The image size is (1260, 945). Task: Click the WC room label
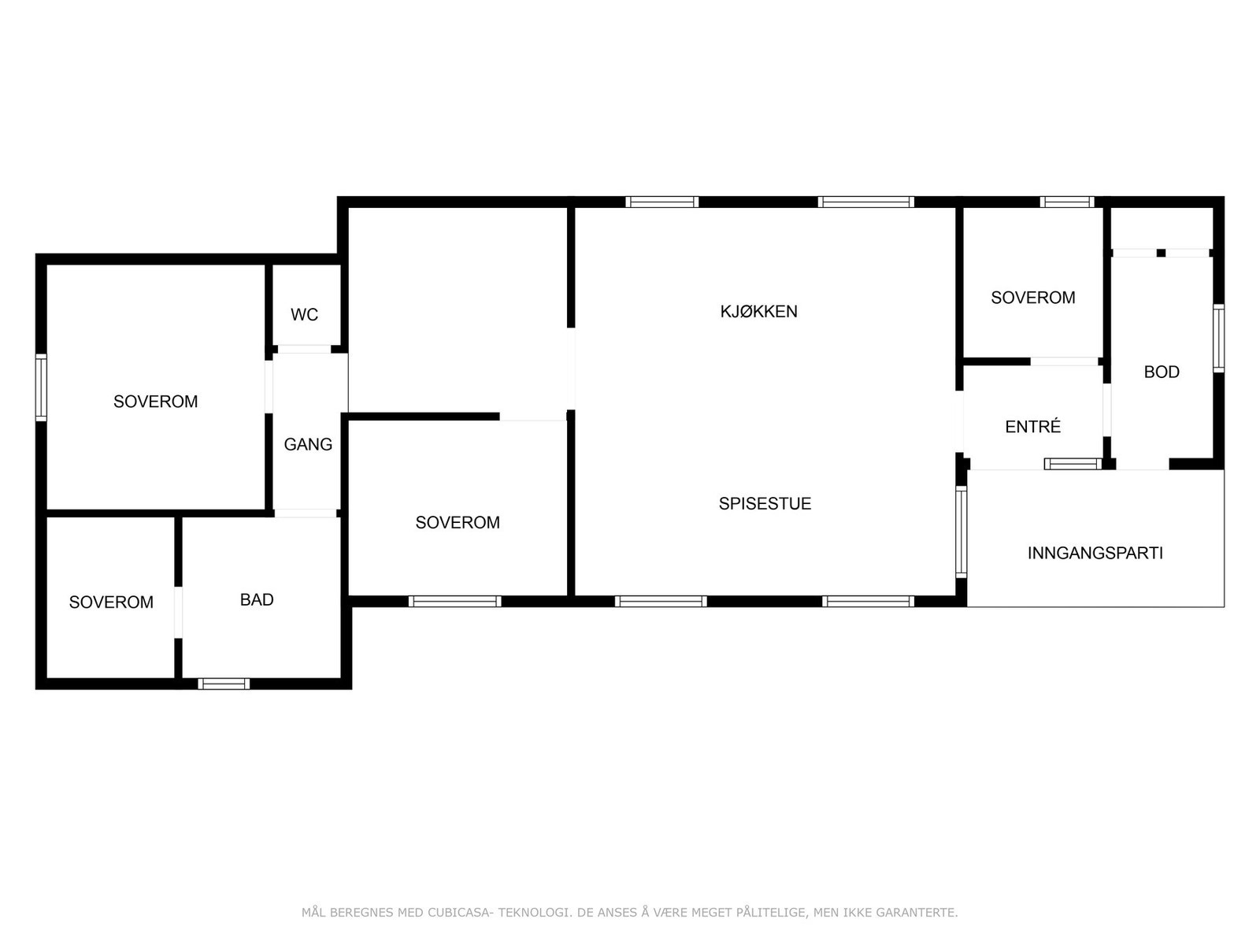[x=304, y=315]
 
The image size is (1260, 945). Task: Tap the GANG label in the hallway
[x=308, y=444]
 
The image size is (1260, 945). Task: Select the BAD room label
[x=257, y=600]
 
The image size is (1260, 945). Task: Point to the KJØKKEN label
[x=758, y=311]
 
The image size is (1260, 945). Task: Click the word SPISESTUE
[x=765, y=504]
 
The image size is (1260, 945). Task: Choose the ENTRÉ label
[x=1032, y=427]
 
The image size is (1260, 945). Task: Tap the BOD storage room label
[x=1162, y=372]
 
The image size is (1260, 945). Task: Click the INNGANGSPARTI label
[x=1095, y=553]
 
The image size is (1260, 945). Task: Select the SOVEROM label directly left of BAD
[x=111, y=602]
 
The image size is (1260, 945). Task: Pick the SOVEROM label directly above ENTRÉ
[x=1032, y=298]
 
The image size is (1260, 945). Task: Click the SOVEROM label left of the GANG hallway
[x=155, y=402]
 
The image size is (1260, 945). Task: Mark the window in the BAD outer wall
[x=224, y=684]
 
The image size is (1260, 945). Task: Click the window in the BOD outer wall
[x=1218, y=338]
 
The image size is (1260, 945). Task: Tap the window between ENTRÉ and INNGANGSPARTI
[x=1073, y=464]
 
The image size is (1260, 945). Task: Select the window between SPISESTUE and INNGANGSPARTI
[x=961, y=532]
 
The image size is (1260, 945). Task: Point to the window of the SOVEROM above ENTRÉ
[x=1066, y=202]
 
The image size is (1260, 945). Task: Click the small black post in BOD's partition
[x=1161, y=253]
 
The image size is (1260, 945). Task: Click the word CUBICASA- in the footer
[x=460, y=913]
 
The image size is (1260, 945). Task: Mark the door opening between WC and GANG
[x=304, y=349]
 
